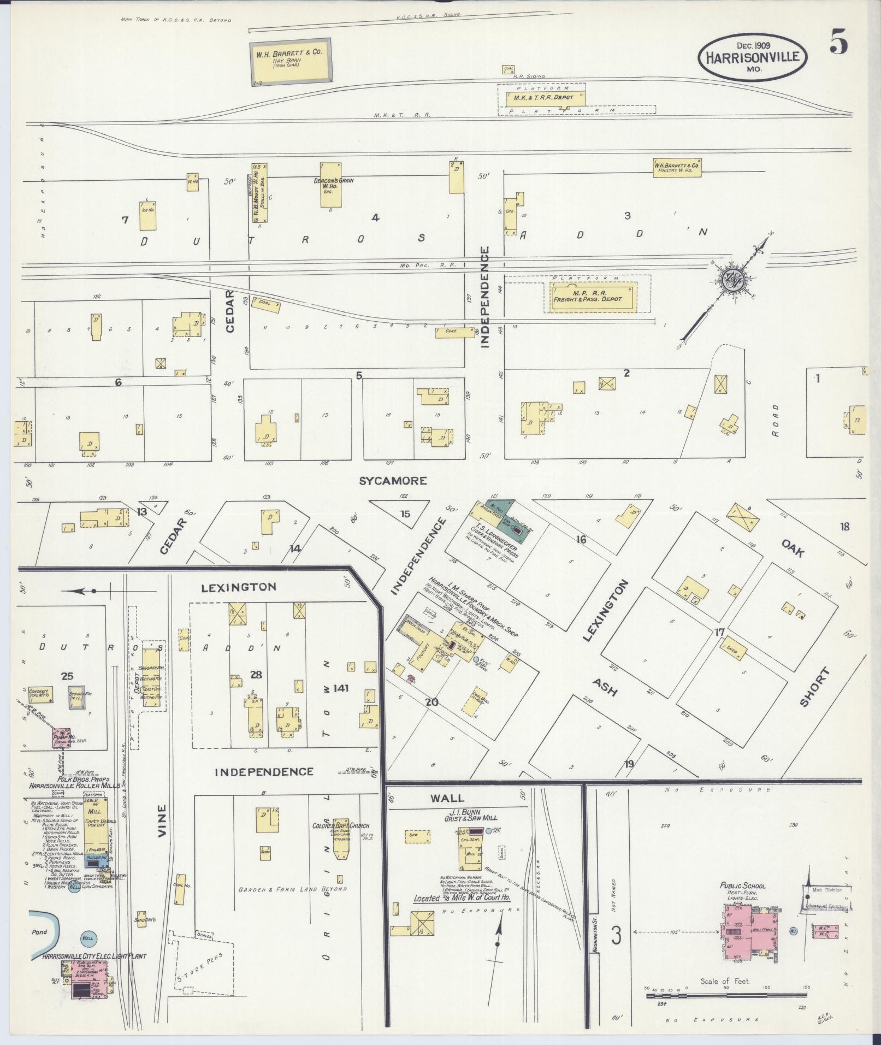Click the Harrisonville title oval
[752, 56]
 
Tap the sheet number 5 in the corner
[838, 43]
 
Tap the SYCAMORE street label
[392, 481]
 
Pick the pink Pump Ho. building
[61, 738]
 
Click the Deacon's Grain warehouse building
[330, 185]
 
